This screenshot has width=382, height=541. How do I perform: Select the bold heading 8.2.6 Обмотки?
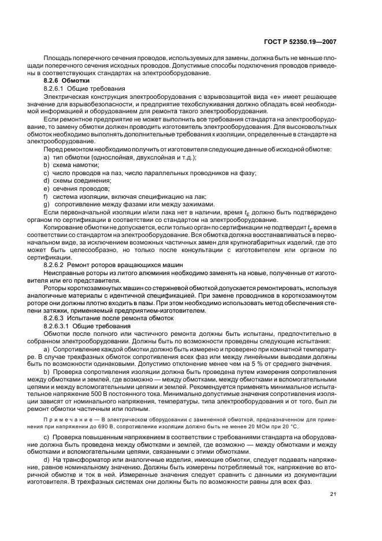(65, 81)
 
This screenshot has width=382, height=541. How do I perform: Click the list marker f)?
(45, 196)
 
